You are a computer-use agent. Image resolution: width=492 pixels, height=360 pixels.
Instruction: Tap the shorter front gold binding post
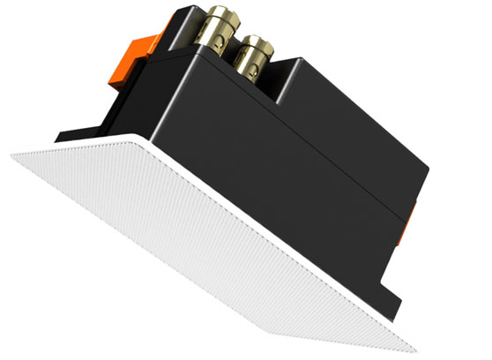coord(255,63)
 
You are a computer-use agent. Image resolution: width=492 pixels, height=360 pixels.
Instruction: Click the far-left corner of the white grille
coord(13,154)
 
